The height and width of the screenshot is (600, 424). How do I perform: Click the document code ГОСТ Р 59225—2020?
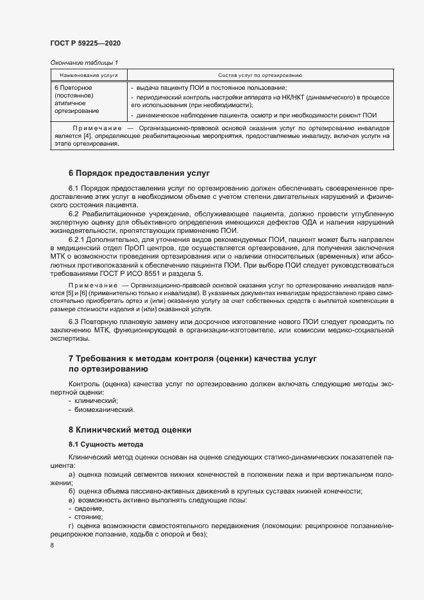pos(85,43)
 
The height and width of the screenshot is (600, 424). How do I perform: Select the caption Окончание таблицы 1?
pos(84,62)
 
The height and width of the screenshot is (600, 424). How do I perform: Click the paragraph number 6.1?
pos(75,188)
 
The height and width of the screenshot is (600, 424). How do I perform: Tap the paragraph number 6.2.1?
pos(78,238)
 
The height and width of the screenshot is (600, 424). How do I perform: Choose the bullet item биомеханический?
pos(101,409)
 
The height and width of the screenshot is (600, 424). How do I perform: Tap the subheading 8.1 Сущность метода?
pos(106,444)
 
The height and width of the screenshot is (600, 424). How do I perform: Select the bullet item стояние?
pos(89,517)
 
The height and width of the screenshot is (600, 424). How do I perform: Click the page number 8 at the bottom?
pos(52,545)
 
